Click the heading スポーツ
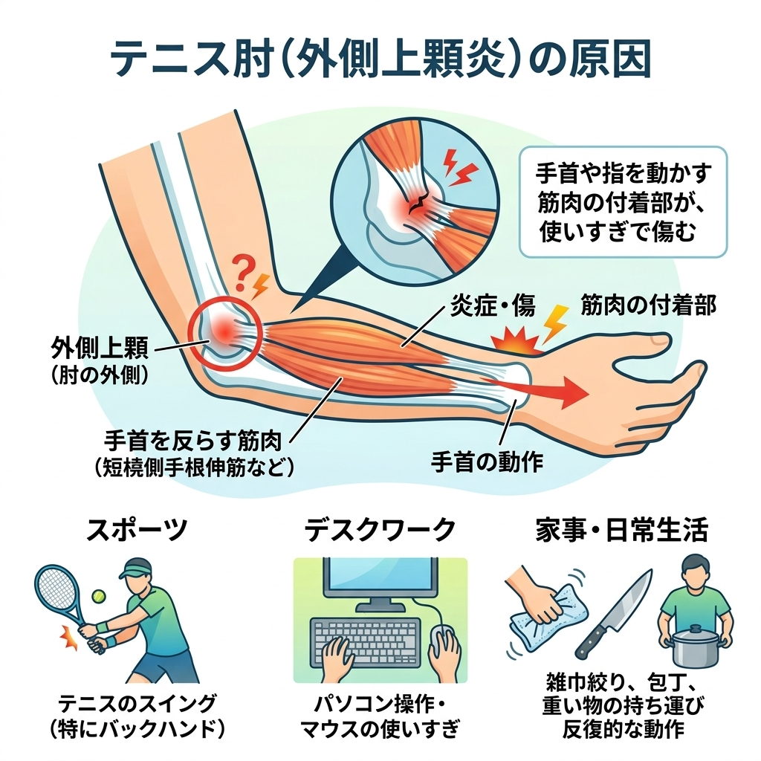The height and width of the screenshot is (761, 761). pyautogui.click(x=137, y=531)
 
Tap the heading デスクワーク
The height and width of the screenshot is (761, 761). pyautogui.click(x=380, y=531)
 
